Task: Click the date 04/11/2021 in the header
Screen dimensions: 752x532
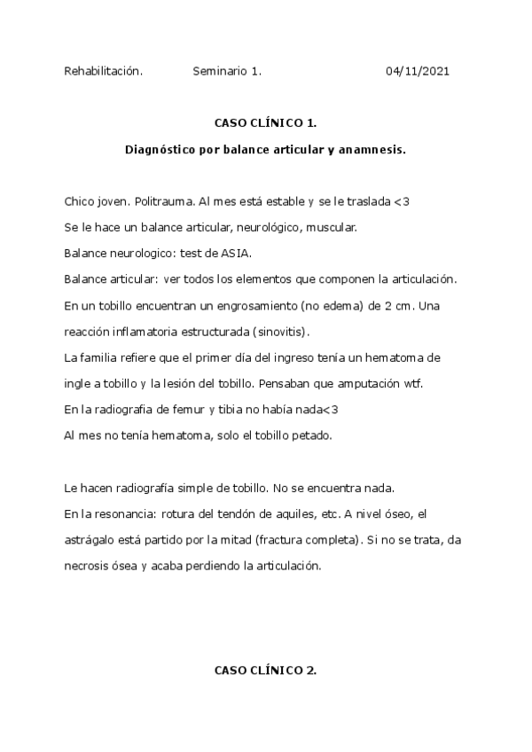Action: (418, 71)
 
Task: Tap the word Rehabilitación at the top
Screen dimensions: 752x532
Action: (103, 71)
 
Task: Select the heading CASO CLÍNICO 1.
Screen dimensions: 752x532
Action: (266, 124)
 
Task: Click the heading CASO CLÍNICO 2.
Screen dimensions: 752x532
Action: (266, 670)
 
